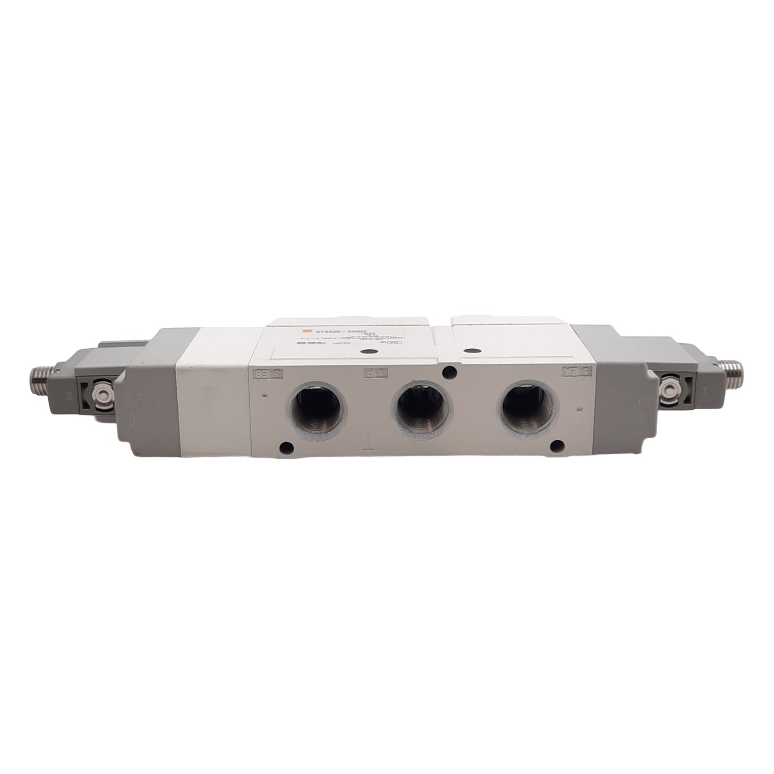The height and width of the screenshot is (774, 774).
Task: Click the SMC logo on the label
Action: (x=303, y=346)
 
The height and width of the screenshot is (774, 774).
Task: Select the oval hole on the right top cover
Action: (x=471, y=351)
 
